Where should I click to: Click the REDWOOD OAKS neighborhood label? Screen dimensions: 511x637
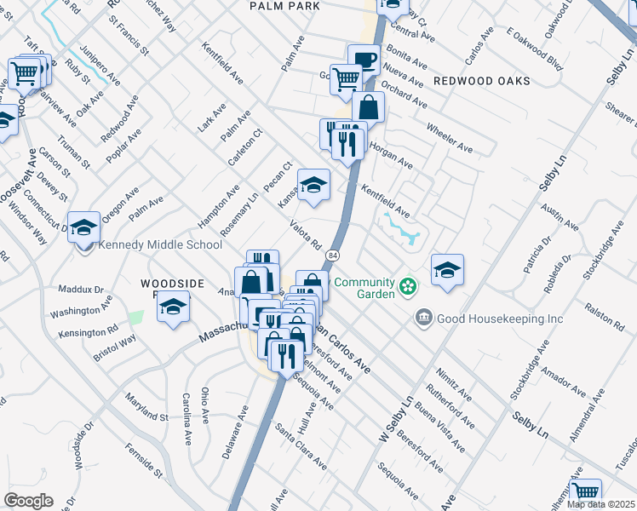[x=481, y=81]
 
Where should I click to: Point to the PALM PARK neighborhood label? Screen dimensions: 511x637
[x=284, y=6]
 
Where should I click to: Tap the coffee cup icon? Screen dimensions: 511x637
[x=364, y=60]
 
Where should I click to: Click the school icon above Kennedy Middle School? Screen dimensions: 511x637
[x=83, y=227]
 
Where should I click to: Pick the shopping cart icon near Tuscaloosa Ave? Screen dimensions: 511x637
[x=585, y=492]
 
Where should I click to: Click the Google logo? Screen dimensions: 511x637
[x=28, y=501]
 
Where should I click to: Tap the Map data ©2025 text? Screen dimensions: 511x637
[x=600, y=504]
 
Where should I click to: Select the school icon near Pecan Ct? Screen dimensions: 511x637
[x=313, y=185]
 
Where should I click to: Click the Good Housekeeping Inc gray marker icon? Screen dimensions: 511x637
[x=423, y=319]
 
